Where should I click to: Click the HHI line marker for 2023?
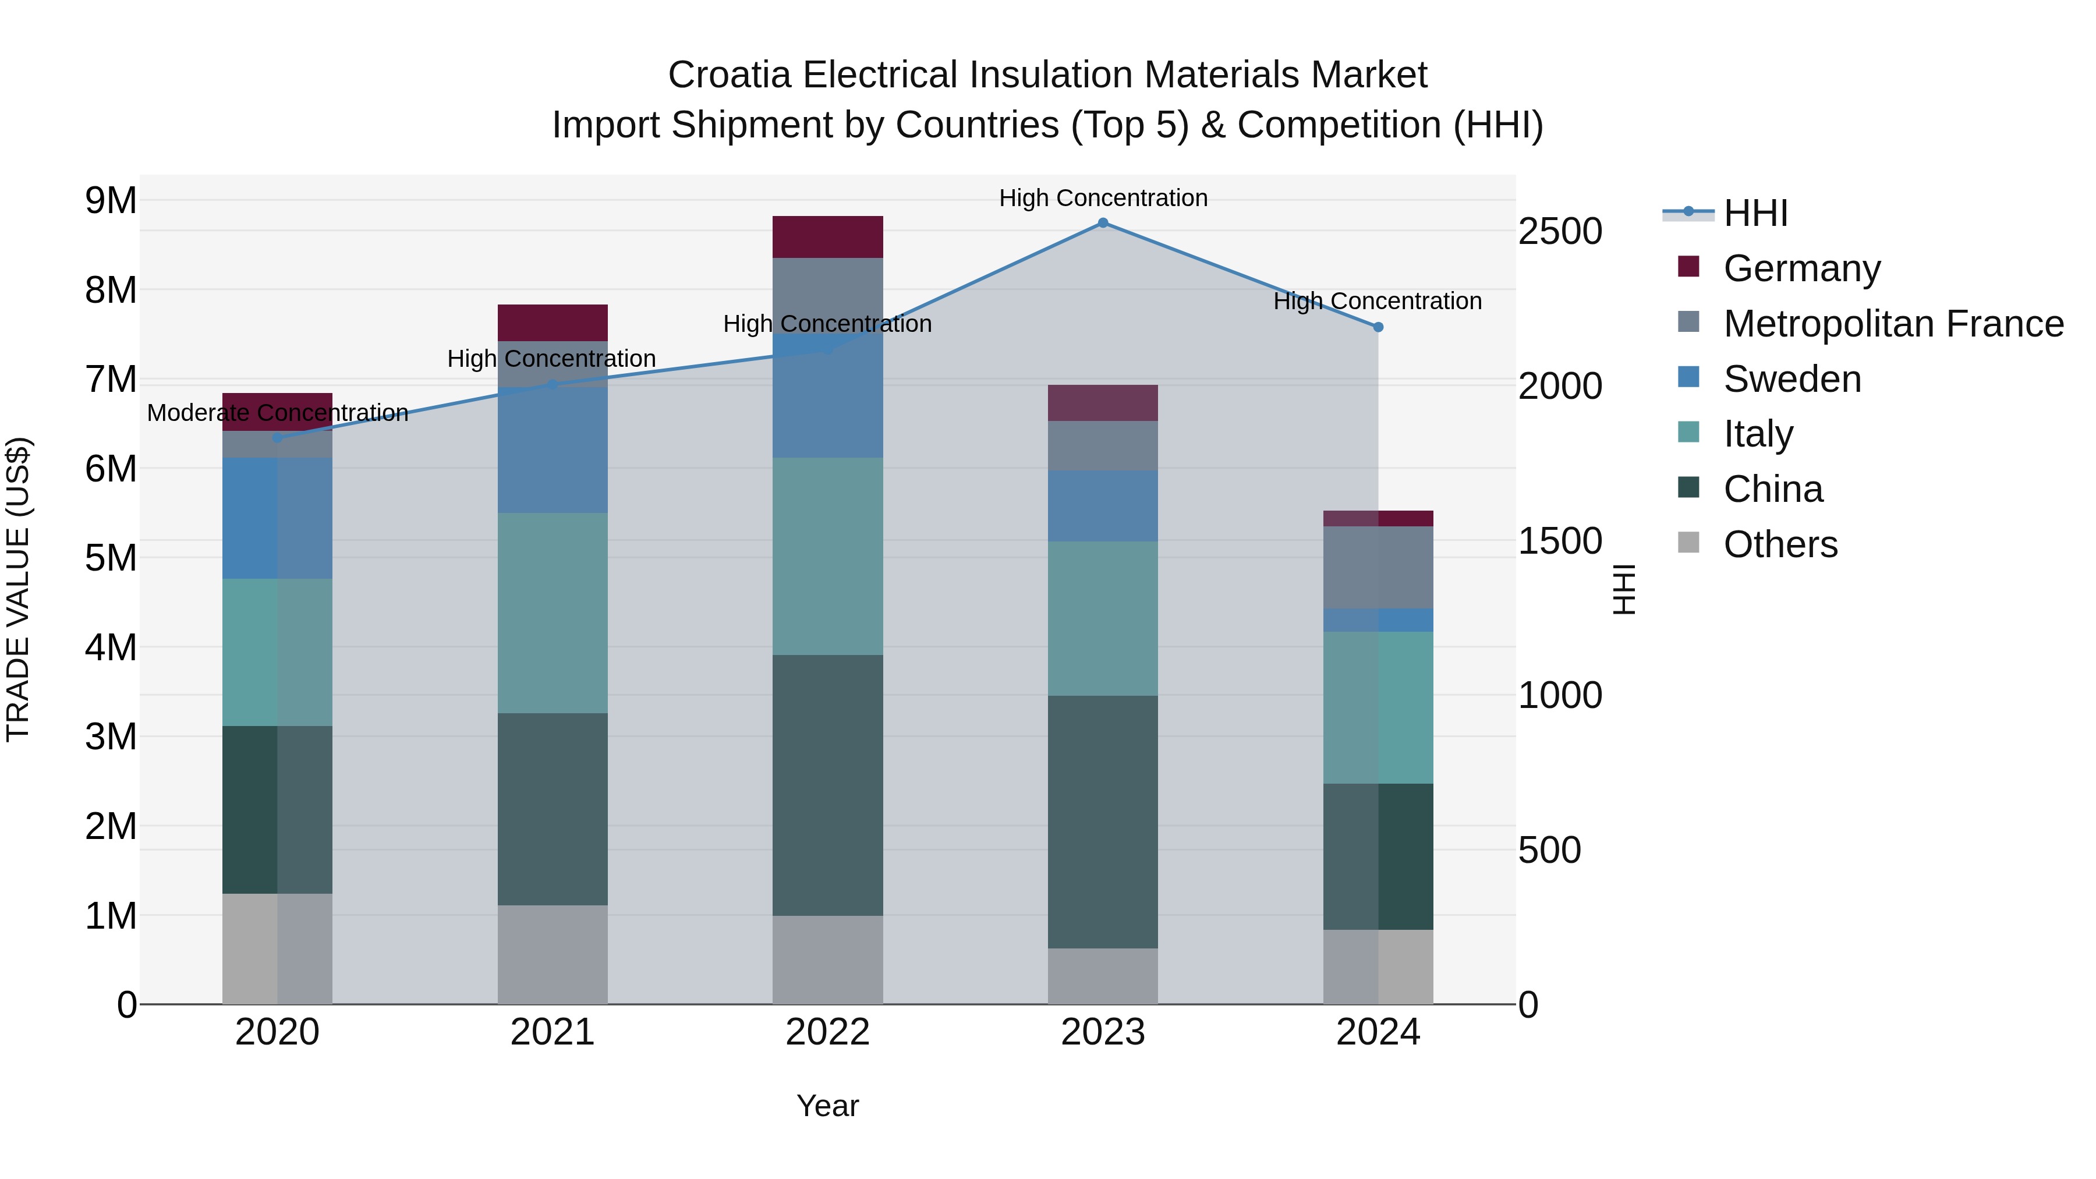coord(1103,223)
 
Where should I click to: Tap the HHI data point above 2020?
coord(278,438)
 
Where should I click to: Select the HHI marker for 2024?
coord(1378,327)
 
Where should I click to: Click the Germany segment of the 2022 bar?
coord(827,237)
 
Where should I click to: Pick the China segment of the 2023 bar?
coord(1103,822)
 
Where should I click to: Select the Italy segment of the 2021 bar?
coord(553,612)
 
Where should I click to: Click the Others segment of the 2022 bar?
coord(827,960)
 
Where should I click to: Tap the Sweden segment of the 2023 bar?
coord(1103,506)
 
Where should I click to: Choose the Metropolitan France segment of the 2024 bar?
coord(1378,567)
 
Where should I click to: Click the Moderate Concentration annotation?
coord(278,413)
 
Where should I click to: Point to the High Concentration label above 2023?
coord(1103,199)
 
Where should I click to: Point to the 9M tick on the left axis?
coord(111,200)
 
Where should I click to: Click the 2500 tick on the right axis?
coord(1560,231)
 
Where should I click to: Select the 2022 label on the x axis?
coord(827,1032)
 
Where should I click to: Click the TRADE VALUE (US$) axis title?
coord(18,589)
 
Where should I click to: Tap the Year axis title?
coord(827,1106)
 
